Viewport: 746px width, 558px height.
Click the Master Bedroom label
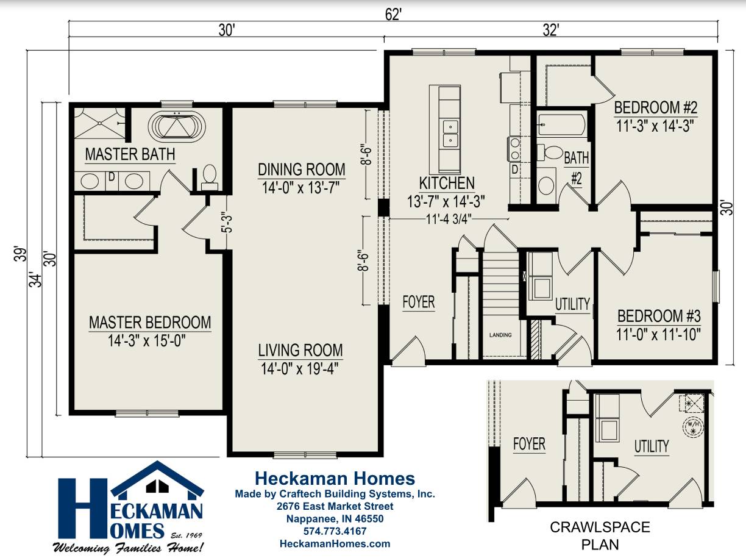click(x=150, y=321)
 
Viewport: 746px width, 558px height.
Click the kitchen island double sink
click(x=450, y=134)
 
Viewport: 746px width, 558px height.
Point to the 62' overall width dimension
click(x=393, y=13)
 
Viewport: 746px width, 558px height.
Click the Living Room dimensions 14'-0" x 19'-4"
click(x=300, y=368)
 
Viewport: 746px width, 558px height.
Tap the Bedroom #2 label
click(x=655, y=108)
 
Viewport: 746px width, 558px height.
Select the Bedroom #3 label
click(x=659, y=317)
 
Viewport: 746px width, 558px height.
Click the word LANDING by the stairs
click(x=500, y=335)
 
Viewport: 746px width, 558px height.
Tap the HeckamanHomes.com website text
click(x=335, y=543)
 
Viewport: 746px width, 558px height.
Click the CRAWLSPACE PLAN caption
click(x=600, y=535)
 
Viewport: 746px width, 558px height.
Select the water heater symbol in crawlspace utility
click(x=693, y=426)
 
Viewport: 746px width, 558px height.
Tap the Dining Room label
click(x=301, y=169)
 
